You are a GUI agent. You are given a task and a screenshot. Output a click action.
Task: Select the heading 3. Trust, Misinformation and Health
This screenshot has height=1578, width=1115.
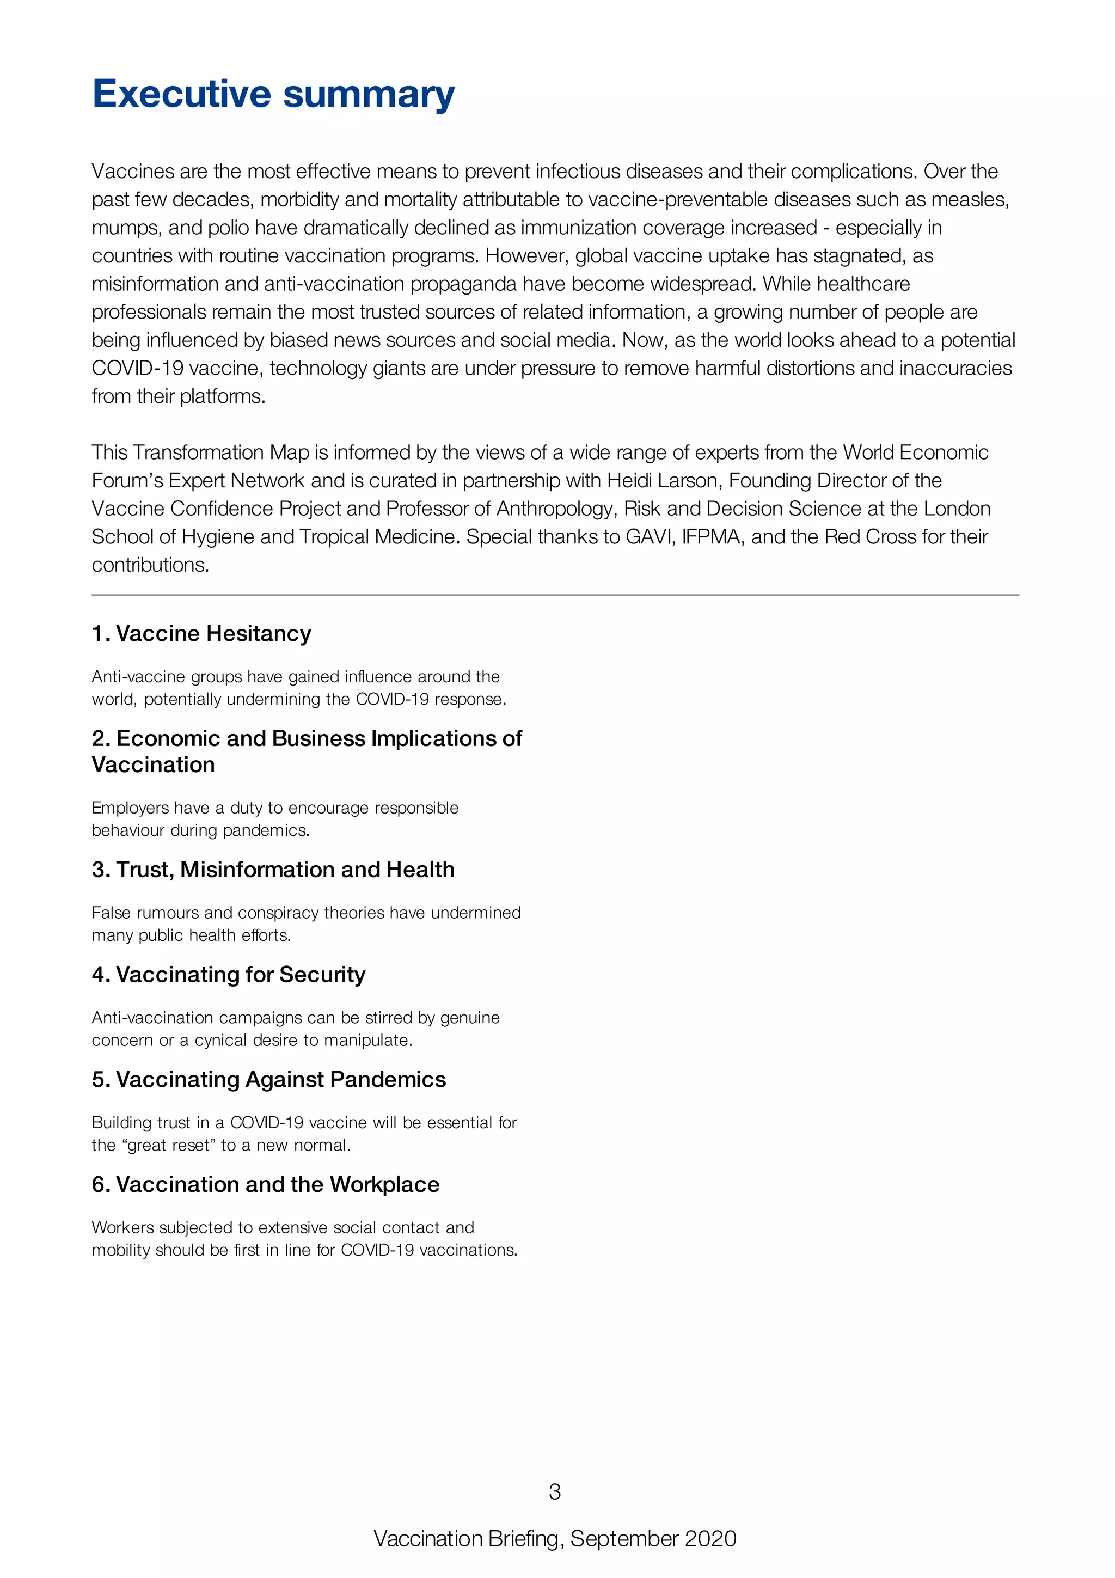coord(273,870)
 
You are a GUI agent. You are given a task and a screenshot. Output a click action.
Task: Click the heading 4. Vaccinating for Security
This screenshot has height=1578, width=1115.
coord(228,975)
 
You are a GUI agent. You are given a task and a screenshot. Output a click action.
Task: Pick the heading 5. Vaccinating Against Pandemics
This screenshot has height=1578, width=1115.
coord(268,1080)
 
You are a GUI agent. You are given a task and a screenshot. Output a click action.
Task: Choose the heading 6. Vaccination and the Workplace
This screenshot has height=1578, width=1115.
coord(265,1185)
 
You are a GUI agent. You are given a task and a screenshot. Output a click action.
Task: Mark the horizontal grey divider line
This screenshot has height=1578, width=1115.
coord(555,595)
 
